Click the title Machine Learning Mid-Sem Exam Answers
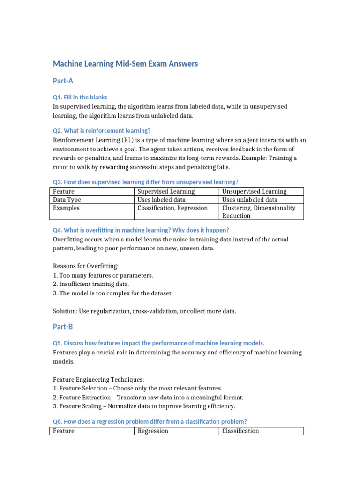click(x=125, y=64)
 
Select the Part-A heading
click(x=63, y=81)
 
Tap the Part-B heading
click(x=63, y=326)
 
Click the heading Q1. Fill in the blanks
click(x=80, y=97)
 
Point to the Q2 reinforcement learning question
click(x=102, y=130)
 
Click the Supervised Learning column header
click(x=166, y=191)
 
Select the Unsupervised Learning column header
click(x=254, y=191)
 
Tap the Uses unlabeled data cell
click(x=249, y=200)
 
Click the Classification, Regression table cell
click(x=172, y=208)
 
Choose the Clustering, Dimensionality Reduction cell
click(x=259, y=211)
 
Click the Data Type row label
click(x=67, y=200)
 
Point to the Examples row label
click(x=66, y=208)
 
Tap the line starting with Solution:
click(x=144, y=311)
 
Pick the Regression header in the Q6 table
click(x=152, y=431)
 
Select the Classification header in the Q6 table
click(x=240, y=431)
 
